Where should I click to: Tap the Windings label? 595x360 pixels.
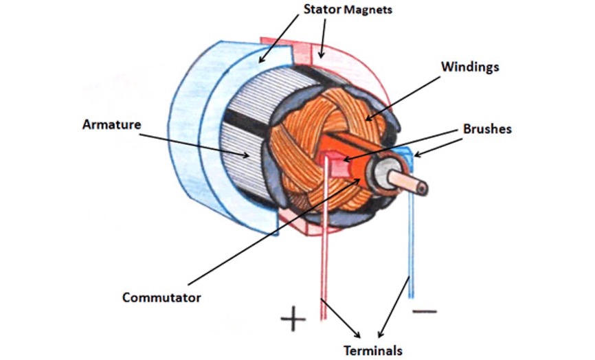(469, 67)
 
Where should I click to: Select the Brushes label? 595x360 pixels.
(486, 128)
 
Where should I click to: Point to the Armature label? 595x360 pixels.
(111, 125)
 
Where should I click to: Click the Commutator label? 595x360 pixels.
(161, 297)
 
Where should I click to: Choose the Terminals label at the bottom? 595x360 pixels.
(373, 350)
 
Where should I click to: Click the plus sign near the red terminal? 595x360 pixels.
(293, 318)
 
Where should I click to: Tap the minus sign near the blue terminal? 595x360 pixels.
(424, 311)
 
